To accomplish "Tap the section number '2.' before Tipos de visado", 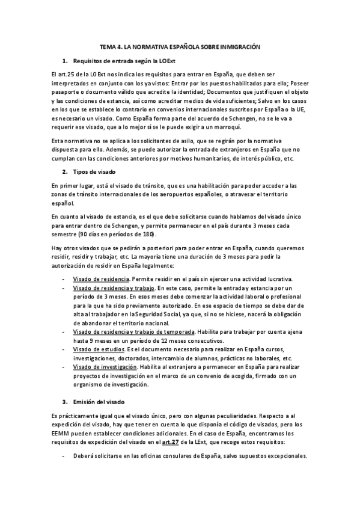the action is tap(66, 171).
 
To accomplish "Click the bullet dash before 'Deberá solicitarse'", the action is tap(64, 455).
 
